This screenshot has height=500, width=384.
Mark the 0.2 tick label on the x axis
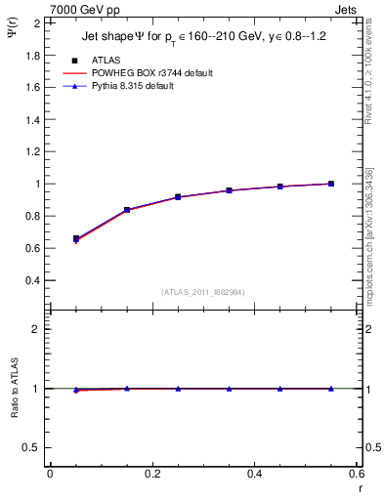point(151,474)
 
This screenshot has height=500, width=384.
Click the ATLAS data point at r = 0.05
point(76,238)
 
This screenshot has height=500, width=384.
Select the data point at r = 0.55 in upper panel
point(331,184)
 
